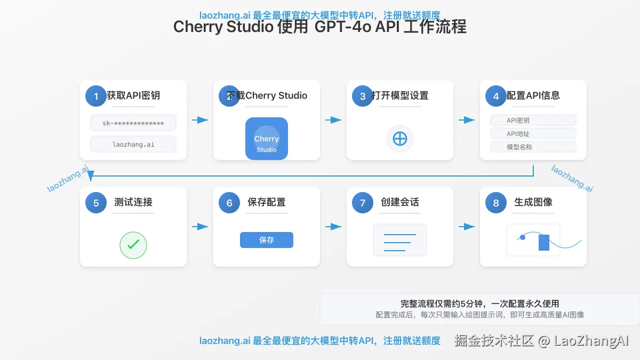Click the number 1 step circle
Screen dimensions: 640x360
[96, 96]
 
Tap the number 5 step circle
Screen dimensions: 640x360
[96, 203]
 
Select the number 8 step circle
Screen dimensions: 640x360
[496, 203]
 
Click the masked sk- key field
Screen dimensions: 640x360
[133, 123]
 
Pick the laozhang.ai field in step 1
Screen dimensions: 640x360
[133, 144]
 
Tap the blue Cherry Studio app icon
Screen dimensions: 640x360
[267, 139]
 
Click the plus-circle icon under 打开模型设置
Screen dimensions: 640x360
[400, 139]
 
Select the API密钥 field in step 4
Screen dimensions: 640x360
[533, 121]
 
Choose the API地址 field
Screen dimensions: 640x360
[533, 134]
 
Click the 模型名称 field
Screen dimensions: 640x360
[533, 147]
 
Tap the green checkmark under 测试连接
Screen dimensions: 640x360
[133, 245]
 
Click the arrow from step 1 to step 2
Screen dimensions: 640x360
[200, 120]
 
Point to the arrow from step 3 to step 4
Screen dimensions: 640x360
[467, 120]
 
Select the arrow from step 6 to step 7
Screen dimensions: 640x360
[333, 227]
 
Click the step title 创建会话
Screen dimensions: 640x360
[400, 202]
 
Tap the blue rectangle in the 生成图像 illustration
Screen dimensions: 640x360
[544, 242]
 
